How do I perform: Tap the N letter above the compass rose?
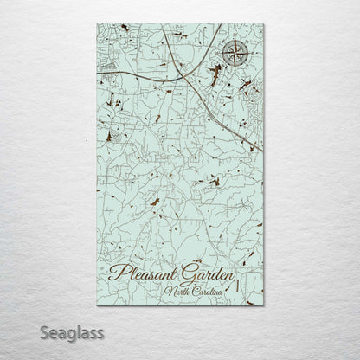[x=235, y=38]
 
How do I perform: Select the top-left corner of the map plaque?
[x=90, y=22]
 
